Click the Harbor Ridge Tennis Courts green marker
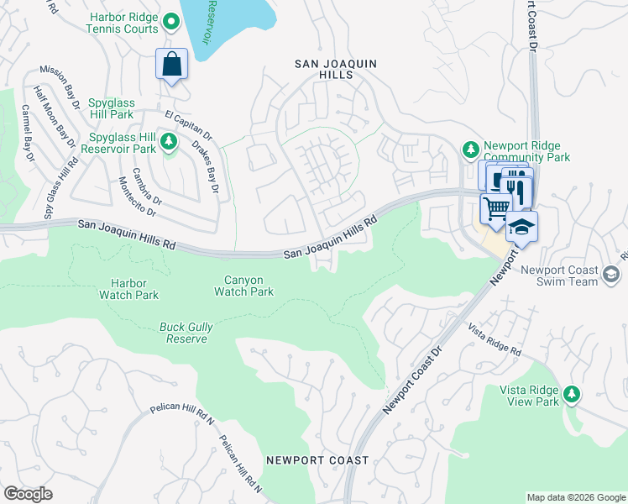[172, 22]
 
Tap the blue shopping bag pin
[172, 65]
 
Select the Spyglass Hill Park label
[123, 108]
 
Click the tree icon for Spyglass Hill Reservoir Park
[170, 142]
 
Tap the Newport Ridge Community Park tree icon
[470, 150]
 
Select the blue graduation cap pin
[521, 226]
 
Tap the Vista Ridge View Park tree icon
[572, 394]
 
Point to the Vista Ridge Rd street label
[495, 340]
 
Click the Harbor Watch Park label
[128, 289]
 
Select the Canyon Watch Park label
[243, 286]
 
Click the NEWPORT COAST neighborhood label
[317, 460]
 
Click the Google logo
[29, 493]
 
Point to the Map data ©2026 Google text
[575, 497]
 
